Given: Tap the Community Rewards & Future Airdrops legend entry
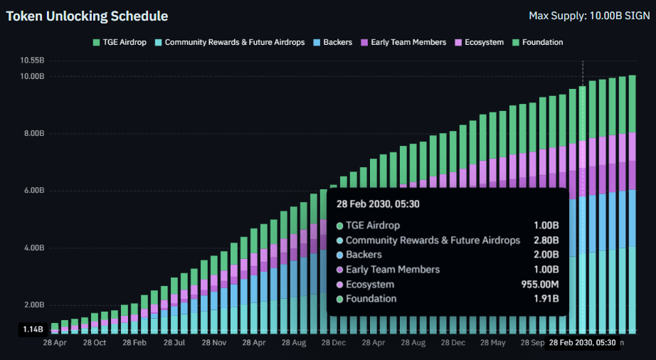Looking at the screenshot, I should click(229, 42).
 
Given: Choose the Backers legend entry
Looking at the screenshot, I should click(332, 42).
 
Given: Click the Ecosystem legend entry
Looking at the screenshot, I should click(479, 42).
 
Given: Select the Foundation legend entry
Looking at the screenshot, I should click(536, 42).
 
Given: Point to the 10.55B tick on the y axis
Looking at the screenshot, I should click(32, 60).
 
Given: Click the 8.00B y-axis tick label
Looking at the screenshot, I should click(33, 134).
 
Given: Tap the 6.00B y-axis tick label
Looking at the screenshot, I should click(33, 191).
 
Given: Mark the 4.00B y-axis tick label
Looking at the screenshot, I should click(33, 248).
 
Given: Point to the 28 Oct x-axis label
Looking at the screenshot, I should click(94, 342).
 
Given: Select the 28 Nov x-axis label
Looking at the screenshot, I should click(214, 342).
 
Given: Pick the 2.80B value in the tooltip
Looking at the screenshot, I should click(546, 240).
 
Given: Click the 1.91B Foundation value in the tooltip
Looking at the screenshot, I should click(546, 299).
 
